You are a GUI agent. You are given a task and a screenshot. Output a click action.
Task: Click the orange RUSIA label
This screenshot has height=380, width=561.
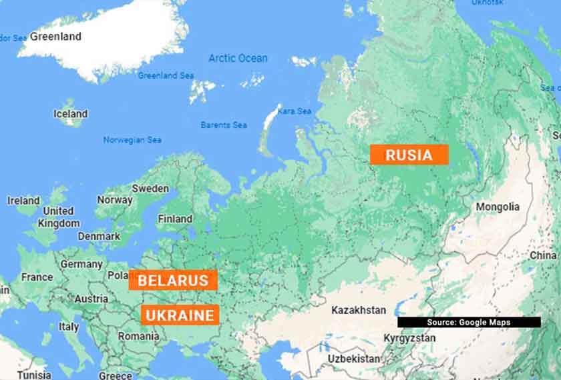coord(409,155)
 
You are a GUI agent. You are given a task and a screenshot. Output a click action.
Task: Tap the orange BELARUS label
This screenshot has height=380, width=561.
coord(173,280)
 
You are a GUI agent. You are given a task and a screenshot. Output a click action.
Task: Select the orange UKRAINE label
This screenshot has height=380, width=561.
coord(180,315)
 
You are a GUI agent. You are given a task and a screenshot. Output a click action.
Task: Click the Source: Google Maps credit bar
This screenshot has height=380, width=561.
coord(469,323)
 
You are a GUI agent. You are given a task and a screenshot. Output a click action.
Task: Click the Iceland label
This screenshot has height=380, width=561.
coord(70,114)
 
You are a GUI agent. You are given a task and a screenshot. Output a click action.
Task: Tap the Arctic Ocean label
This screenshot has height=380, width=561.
coord(238,58)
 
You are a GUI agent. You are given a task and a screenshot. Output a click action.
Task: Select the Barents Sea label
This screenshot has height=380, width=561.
coord(224,125)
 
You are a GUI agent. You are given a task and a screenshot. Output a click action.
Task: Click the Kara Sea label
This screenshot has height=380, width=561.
coord(295,111)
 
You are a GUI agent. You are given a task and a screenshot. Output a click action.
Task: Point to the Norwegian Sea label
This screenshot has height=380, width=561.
coord(132,140)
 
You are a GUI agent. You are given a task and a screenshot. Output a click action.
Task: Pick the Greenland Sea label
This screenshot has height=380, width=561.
coord(166,75)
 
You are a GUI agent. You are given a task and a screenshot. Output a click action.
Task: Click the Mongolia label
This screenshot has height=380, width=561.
coord(497,207)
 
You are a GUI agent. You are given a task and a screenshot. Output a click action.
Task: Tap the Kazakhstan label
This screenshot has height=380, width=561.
coord(359,310)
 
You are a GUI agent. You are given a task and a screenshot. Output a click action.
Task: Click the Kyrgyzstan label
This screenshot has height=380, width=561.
coord(409,338)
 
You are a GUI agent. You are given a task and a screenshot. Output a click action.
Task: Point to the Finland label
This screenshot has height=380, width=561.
coord(175,219)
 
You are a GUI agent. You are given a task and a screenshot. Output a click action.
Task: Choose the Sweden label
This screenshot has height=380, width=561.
coord(150,189)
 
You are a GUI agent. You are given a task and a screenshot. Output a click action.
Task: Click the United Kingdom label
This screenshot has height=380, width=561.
coord(58,217)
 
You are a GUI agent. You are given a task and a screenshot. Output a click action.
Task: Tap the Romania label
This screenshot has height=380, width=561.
coord(138,336)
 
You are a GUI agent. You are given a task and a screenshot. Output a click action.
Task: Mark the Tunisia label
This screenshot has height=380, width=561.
coord(34,375)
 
